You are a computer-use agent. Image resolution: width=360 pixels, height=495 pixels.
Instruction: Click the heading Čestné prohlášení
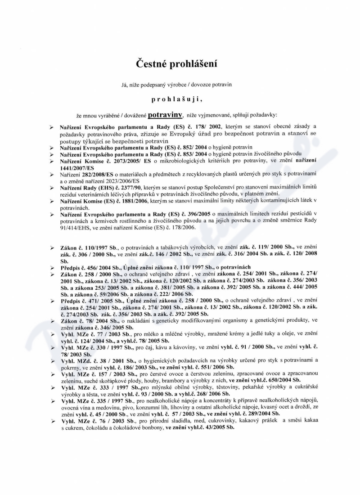point(180,64)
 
